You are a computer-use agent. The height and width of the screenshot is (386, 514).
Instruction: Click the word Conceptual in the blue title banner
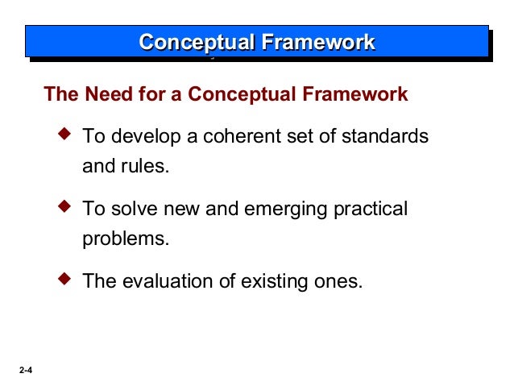click(193, 42)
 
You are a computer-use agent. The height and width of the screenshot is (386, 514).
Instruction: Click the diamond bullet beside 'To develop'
click(67, 134)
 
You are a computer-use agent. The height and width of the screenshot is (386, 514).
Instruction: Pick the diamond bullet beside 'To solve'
click(67, 207)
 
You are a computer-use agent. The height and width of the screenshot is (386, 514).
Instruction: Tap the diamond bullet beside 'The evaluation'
click(67, 280)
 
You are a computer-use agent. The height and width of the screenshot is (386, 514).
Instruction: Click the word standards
click(388, 136)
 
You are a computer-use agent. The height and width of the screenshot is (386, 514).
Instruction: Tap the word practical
click(370, 210)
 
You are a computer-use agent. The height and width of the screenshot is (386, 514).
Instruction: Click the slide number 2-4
click(23, 371)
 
